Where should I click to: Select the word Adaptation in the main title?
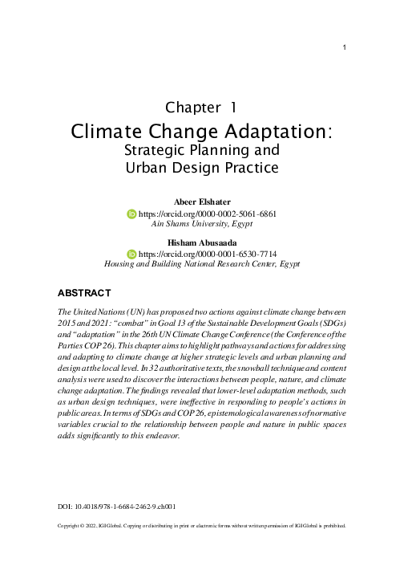pos(273,130)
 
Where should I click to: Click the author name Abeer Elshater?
pos(202,201)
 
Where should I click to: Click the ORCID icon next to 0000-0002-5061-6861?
pos(132,215)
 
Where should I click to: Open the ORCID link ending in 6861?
pos(208,215)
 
